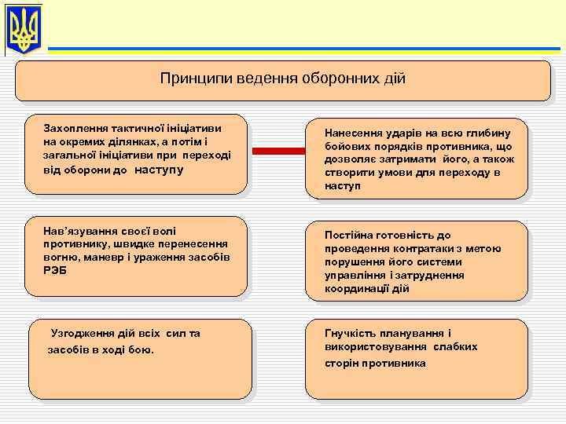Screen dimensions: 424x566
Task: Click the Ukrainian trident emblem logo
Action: click(24, 30)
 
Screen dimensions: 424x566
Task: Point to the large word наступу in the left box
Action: click(160, 169)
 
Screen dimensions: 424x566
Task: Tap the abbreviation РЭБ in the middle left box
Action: click(56, 270)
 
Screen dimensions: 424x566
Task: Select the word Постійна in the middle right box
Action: click(348, 235)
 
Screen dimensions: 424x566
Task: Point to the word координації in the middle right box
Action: click(358, 289)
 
